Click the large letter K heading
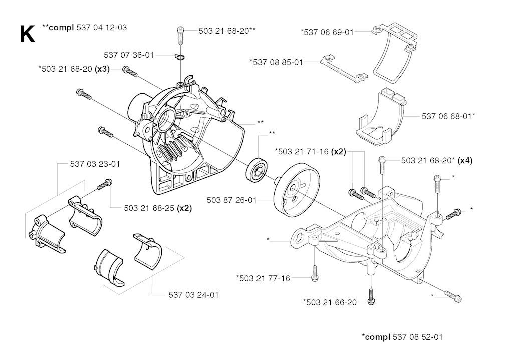pyautogui.click(x=27, y=34)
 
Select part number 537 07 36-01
pyautogui.click(x=129, y=55)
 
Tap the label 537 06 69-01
pyautogui.click(x=327, y=32)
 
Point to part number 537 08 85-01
pyautogui.click(x=276, y=62)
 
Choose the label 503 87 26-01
pyautogui.click(x=231, y=200)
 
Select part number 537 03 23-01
pyautogui.click(x=95, y=164)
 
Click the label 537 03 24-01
pyautogui.click(x=193, y=295)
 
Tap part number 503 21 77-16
pyautogui.click(x=263, y=278)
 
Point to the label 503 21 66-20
pyautogui.click(x=330, y=302)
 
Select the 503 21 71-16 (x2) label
pyautogui.click(x=310, y=151)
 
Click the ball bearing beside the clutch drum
pyautogui.click(x=257, y=167)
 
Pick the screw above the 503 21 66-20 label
pyautogui.click(x=371, y=295)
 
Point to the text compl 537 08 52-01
pyautogui.click(x=402, y=336)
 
